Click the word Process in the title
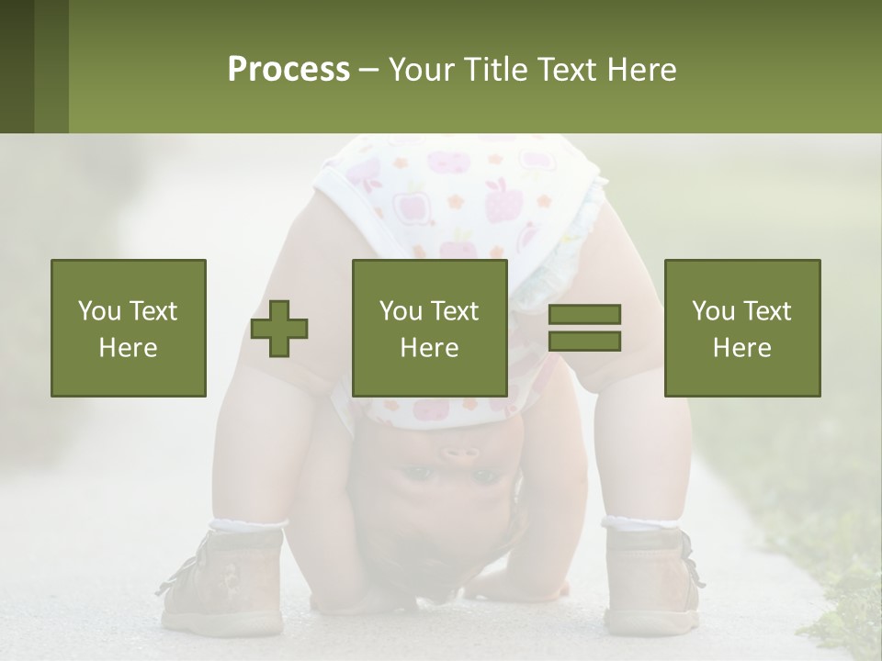(288, 70)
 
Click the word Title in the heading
(496, 70)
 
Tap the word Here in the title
(640, 70)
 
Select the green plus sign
(279, 329)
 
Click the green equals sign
(584, 328)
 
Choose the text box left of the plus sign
(129, 328)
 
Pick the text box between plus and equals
(430, 328)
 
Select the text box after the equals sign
(742, 328)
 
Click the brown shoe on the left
(225, 578)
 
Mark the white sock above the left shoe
(246, 526)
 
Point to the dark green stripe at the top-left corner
(17, 66)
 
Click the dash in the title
(368, 71)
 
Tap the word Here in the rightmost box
(742, 348)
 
